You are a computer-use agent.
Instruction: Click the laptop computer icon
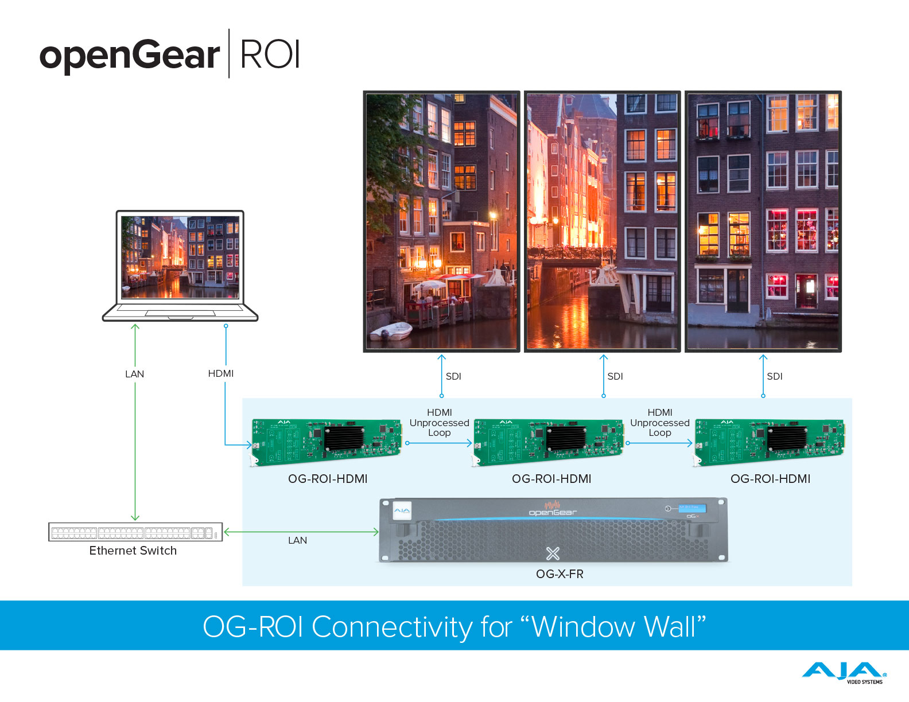tap(180, 266)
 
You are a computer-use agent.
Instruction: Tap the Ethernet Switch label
tap(133, 551)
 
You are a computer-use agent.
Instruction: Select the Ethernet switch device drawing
tap(135, 532)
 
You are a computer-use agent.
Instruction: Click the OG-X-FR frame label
tap(560, 574)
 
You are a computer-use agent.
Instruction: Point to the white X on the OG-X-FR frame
tap(553, 553)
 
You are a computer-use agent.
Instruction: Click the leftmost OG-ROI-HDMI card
tap(327, 442)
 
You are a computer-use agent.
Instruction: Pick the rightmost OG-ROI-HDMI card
tap(770, 442)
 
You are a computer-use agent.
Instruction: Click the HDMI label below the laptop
tap(221, 373)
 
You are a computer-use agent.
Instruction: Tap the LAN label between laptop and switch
tap(135, 374)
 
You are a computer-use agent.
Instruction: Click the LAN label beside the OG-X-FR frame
tap(297, 540)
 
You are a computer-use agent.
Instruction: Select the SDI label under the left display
tap(453, 376)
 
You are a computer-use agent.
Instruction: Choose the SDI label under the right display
tap(775, 376)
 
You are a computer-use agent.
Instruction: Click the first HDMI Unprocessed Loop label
tap(440, 423)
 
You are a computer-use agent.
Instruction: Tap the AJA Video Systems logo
tap(844, 673)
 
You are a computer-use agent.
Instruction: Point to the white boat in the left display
tap(391, 331)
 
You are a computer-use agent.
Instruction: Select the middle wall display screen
tap(603, 221)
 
